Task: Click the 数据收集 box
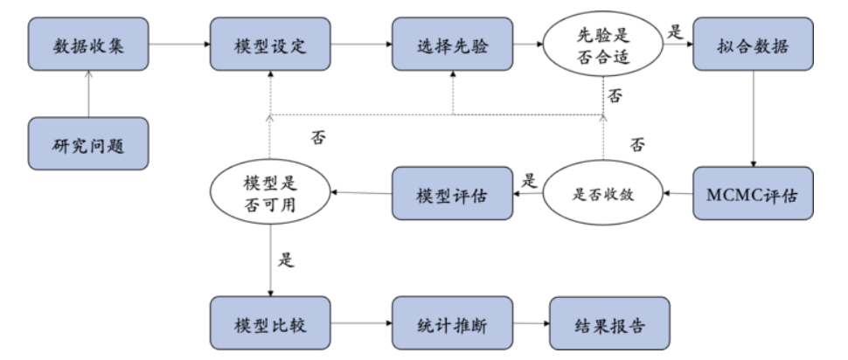coord(87,43)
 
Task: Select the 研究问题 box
coord(87,144)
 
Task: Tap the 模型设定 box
coord(270,43)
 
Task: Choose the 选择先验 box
coord(451,43)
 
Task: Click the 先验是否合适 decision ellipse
coord(602,43)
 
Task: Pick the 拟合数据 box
coord(754,43)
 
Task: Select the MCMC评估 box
coord(754,193)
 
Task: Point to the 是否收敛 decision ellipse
coord(602,194)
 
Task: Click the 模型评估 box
coord(451,193)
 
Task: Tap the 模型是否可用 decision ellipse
coord(270,194)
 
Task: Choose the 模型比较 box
coord(270,323)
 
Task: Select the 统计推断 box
coord(451,323)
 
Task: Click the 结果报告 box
coord(609,323)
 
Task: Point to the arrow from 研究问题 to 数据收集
coord(87,94)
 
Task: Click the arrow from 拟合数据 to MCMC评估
coord(754,118)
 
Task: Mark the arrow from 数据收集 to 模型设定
coord(178,43)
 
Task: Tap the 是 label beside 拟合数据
coord(674,31)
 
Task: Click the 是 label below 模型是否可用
coord(287,260)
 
